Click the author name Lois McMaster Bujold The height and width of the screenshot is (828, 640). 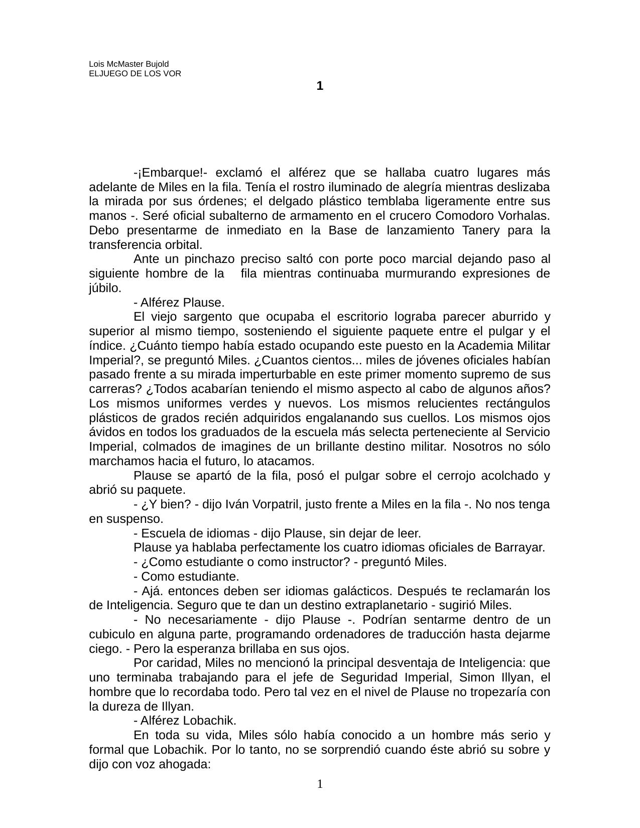[129, 64]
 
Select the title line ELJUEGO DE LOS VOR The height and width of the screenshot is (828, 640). [135, 73]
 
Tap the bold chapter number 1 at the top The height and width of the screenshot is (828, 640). [320, 86]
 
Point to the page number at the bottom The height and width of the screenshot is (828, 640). [320, 783]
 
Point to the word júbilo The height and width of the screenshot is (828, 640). [105, 289]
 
